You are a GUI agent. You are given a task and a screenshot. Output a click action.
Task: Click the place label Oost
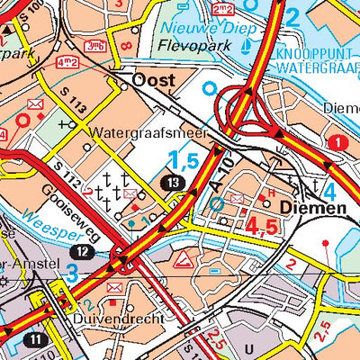click(153, 81)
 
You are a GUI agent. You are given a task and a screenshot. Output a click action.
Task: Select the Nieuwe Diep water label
click(196, 26)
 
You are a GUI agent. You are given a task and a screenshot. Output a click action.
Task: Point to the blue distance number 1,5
click(182, 162)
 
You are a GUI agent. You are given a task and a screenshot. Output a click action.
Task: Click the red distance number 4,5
click(265, 227)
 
